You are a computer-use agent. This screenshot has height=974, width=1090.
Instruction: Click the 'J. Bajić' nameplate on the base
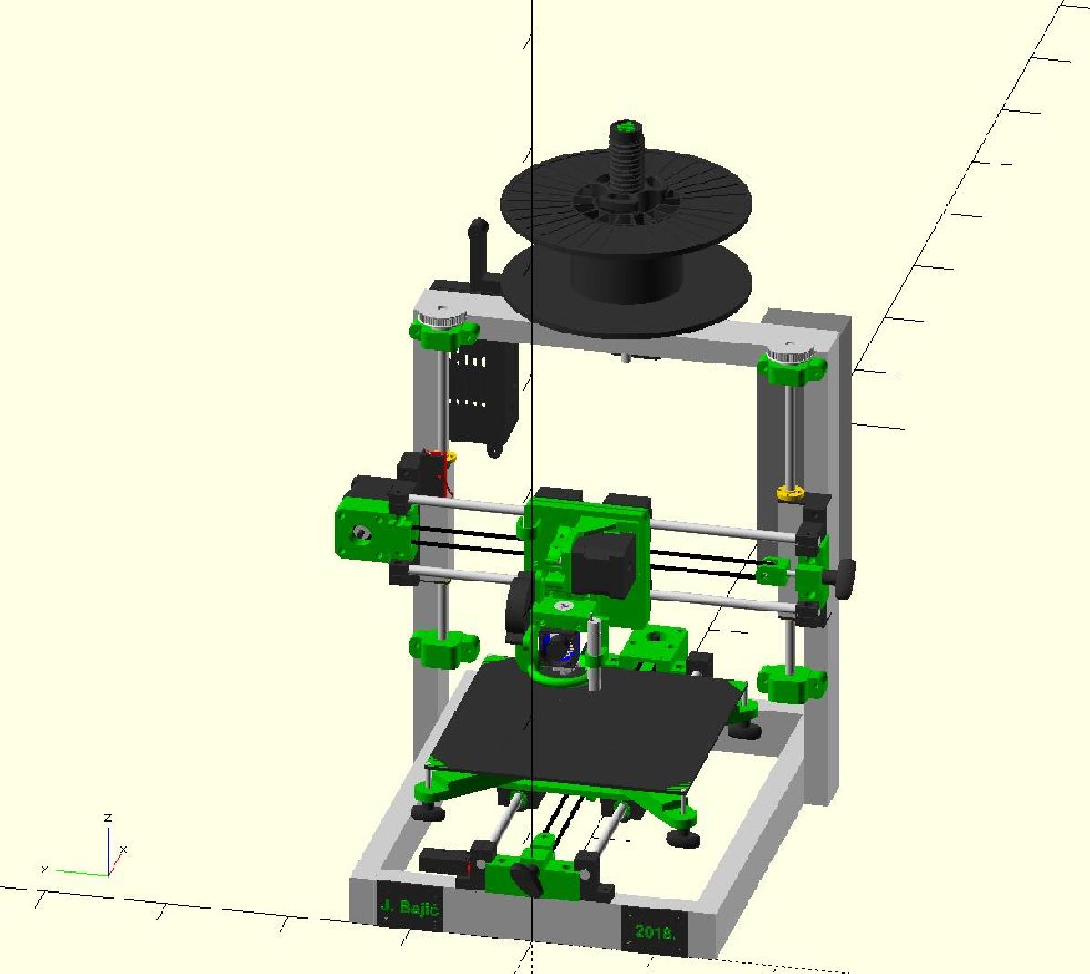[410, 906]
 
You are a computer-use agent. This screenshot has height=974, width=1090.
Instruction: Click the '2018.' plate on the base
[655, 930]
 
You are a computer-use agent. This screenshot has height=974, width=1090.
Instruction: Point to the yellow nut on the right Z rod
[788, 493]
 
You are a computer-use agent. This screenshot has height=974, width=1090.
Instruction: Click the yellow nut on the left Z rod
[450, 456]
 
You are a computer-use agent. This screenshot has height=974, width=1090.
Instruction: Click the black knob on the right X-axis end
[846, 575]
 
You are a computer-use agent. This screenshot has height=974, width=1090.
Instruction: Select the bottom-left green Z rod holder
[443, 647]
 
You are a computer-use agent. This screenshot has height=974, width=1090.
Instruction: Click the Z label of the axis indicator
[108, 819]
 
